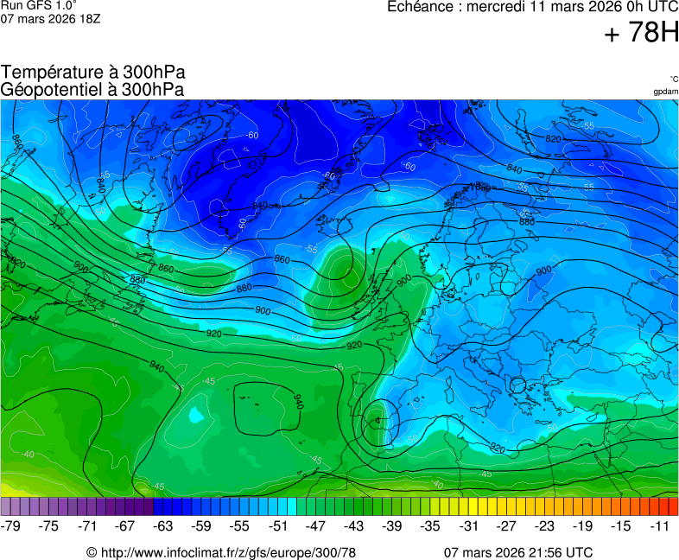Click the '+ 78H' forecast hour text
tap(642, 33)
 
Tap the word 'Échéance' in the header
tap(419, 7)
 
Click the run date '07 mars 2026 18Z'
tap(50, 18)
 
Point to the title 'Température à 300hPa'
tap(93, 72)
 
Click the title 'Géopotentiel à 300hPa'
tap(92, 89)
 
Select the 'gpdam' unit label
tap(665, 91)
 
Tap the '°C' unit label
tap(673, 79)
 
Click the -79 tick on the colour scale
tap(11, 525)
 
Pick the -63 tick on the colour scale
tap(163, 525)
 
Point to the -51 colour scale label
tap(278, 525)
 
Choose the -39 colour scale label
tap(392, 525)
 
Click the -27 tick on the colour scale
tap(507, 525)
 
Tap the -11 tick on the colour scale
tap(660, 525)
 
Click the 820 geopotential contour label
tap(554, 139)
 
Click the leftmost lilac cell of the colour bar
tap(6, 506)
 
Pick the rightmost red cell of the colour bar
tap(673, 506)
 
